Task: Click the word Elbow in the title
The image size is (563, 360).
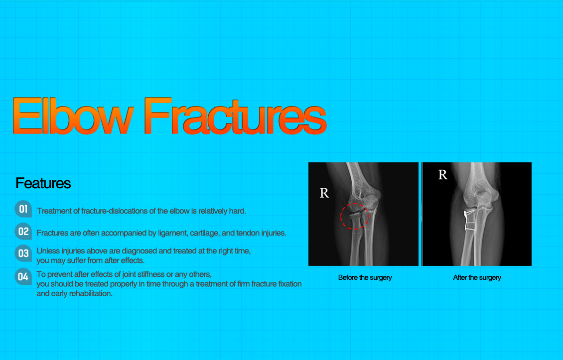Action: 73,116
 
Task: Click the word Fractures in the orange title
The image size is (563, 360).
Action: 235,116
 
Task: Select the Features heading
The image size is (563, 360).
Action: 43,183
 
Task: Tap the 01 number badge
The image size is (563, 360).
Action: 23,209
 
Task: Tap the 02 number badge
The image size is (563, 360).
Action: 23,231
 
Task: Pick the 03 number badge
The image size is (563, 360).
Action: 23,253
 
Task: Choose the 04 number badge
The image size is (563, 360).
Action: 23,276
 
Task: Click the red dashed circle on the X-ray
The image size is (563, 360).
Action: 354,216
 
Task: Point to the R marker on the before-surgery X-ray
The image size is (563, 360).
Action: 324,193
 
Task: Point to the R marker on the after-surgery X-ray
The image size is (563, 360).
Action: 442,175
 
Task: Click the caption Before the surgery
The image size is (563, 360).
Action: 365,277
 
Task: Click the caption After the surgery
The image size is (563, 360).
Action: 477,277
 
